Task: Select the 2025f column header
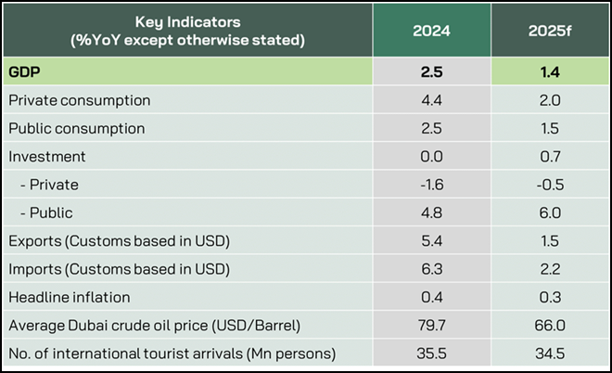pyautogui.click(x=549, y=30)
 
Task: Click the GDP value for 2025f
pyautogui.click(x=549, y=71)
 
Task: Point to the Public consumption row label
pyautogui.click(x=76, y=128)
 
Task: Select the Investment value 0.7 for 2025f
pyautogui.click(x=549, y=156)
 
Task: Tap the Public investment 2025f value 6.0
pyautogui.click(x=549, y=212)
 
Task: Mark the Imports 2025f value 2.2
pyautogui.click(x=549, y=269)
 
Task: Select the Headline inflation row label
pyautogui.click(x=69, y=297)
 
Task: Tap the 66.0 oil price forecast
pyautogui.click(x=549, y=326)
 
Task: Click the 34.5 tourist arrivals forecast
pyautogui.click(x=549, y=354)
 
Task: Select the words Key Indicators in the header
pyautogui.click(x=180, y=21)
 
